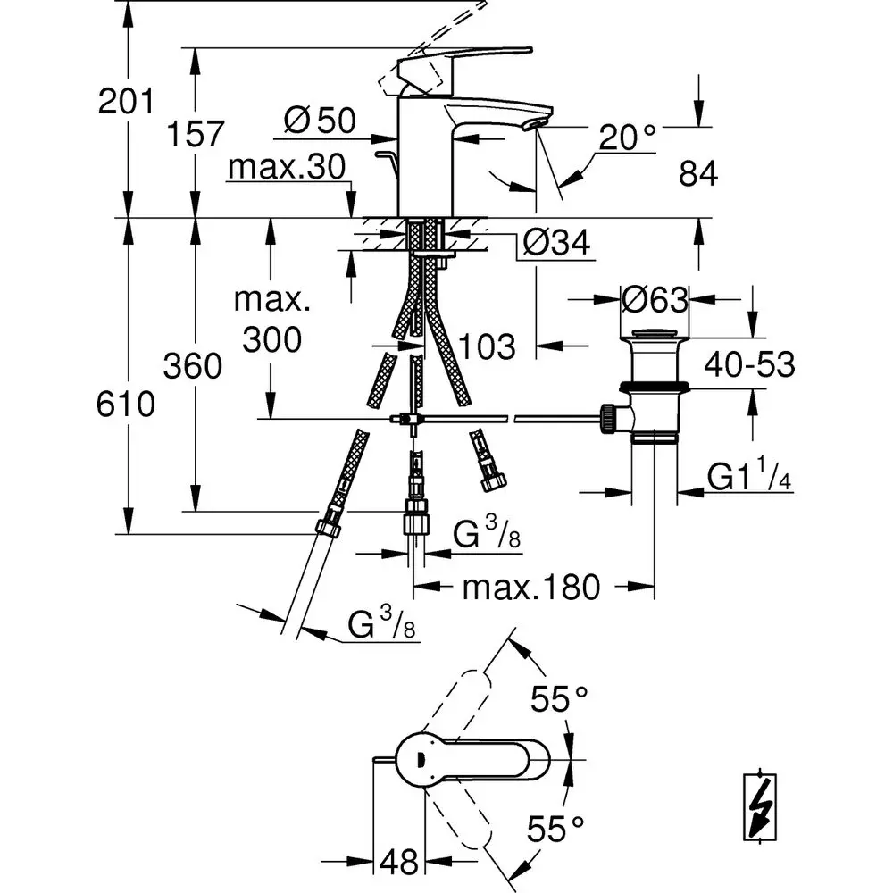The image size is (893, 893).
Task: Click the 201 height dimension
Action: pos(126,102)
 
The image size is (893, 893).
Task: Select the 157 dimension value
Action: pos(196,134)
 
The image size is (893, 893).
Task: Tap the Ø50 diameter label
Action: pos(320,121)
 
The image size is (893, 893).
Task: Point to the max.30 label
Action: pos(287,167)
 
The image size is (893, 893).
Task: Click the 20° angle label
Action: pos(628,137)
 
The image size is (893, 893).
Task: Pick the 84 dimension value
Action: pos(698,173)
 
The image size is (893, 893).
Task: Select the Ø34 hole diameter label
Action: pos(556,243)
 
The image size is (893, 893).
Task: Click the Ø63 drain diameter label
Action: pos(655,299)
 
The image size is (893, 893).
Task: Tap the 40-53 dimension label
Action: pos(749,364)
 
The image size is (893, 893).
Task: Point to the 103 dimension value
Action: pos(487,346)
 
